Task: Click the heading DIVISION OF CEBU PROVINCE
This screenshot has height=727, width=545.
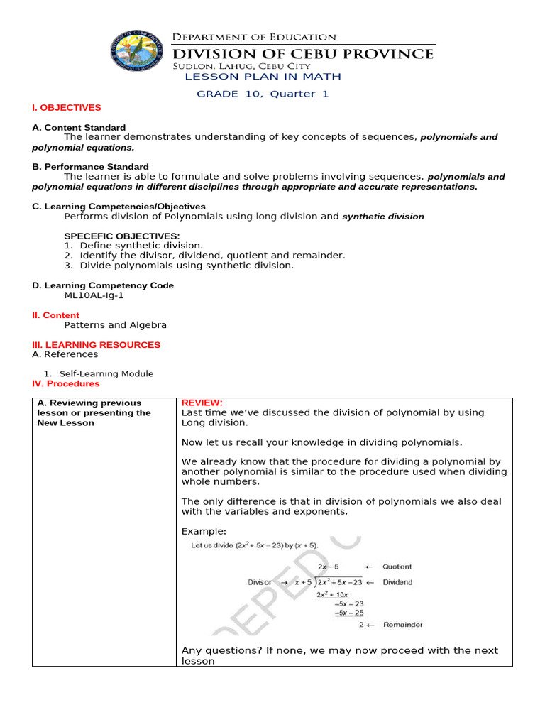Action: [x=304, y=53]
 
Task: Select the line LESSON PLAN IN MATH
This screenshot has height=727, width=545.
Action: [x=263, y=77]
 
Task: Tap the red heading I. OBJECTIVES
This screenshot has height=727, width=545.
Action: [x=67, y=108]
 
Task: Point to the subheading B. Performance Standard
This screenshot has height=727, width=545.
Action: [x=90, y=167]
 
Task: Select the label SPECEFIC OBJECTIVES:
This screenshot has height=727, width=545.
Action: [x=122, y=236]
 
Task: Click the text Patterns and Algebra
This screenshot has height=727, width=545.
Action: [x=115, y=325]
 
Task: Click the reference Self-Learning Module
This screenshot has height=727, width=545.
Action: [x=106, y=374]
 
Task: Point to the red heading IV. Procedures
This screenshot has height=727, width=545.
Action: [x=66, y=384]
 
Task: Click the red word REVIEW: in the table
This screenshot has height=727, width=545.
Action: [x=202, y=403]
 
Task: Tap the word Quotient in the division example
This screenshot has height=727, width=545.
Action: [x=397, y=567]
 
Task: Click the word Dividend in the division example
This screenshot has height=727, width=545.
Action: [x=397, y=582]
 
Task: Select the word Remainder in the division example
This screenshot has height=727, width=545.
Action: [x=403, y=625]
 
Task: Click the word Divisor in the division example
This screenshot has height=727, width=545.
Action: [x=260, y=582]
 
